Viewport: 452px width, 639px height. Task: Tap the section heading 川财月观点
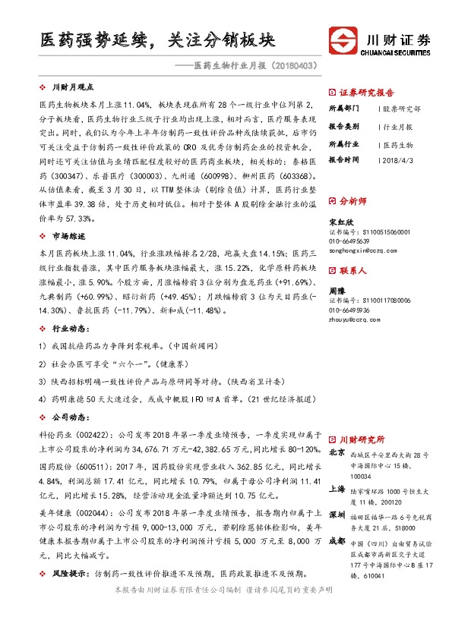click(77, 88)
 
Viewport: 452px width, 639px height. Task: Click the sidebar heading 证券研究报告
click(367, 89)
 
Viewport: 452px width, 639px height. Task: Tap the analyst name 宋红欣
click(339, 221)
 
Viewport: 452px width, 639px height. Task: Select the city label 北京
click(337, 454)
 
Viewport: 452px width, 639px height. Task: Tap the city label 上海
click(337, 489)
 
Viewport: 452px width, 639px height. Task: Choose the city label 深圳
click(337, 515)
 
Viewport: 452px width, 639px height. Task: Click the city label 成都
click(337, 540)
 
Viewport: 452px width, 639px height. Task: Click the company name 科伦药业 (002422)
click(63, 436)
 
